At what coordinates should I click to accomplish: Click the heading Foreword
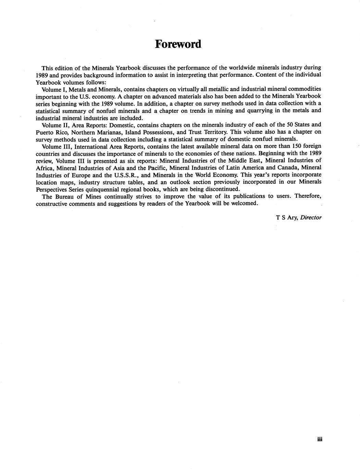tap(178, 44)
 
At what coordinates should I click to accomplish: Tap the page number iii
tap(320, 439)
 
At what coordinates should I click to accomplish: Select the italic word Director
tap(311, 217)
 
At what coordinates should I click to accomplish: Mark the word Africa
tap(44, 168)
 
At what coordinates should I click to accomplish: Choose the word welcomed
tap(242, 203)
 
